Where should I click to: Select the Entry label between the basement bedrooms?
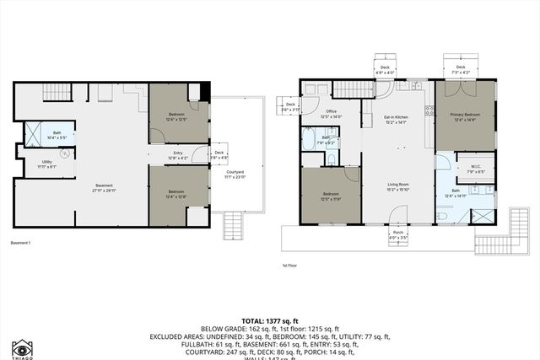click(178, 153)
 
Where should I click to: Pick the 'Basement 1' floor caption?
click(20, 243)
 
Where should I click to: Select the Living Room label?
click(398, 186)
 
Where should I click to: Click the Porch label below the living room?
click(398, 234)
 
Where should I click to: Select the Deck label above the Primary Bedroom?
click(461, 67)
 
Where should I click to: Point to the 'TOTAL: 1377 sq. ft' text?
click(270, 321)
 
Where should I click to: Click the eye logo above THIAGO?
click(23, 347)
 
